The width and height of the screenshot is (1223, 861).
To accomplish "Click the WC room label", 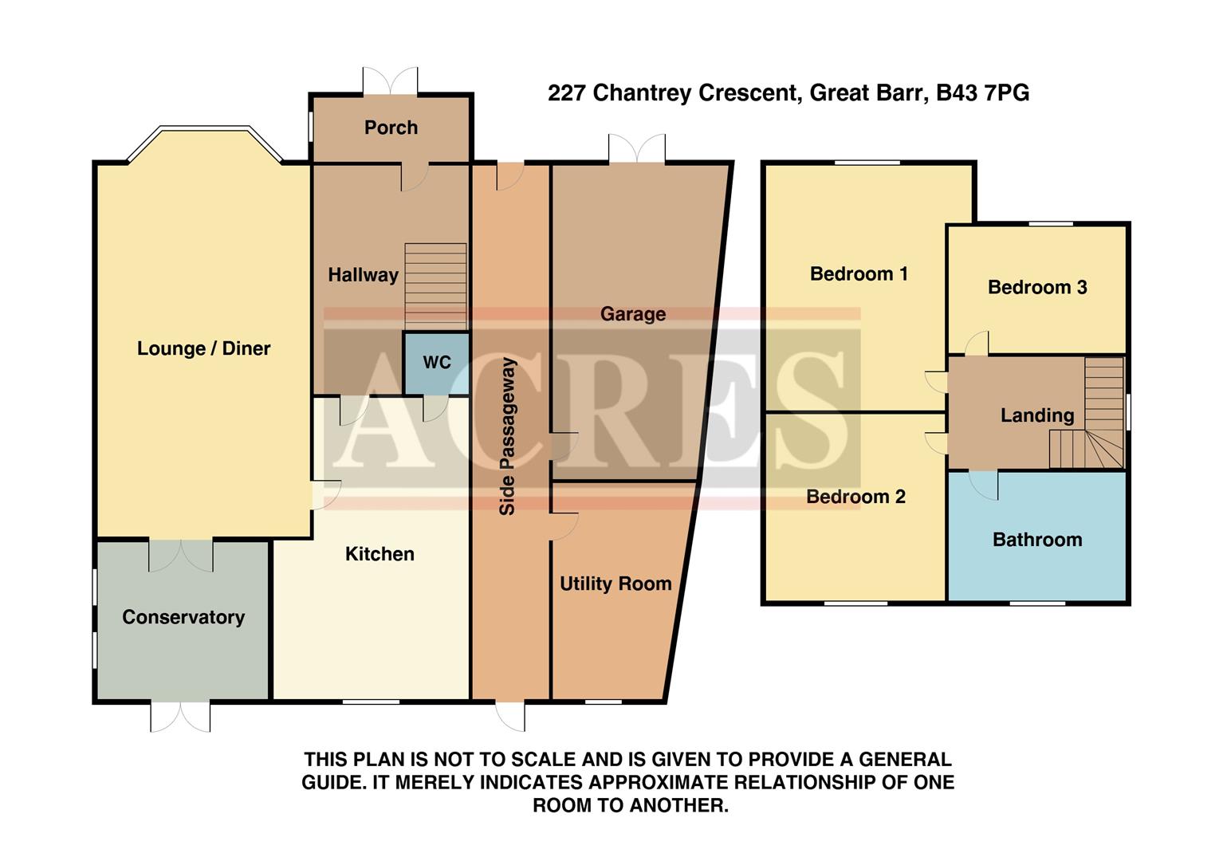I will (436, 363).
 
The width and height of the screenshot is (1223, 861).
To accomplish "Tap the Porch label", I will (391, 128).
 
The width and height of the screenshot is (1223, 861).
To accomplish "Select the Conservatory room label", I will (183, 617).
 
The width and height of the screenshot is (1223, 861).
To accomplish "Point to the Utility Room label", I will (615, 584).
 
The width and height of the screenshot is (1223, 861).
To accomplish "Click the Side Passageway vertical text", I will (508, 436).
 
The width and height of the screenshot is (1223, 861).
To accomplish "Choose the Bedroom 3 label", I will (1036, 287).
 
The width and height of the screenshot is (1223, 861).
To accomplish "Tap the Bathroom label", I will (1036, 540).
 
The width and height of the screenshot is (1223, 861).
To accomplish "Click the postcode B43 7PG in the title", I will (982, 93).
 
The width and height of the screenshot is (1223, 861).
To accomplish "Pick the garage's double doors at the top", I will (636, 149).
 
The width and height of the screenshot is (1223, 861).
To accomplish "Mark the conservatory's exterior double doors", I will (181, 716).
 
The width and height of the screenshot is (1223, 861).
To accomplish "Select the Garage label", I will (633, 314).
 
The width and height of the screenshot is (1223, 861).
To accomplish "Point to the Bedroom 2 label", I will (855, 497).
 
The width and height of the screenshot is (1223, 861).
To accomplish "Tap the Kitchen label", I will (379, 554).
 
